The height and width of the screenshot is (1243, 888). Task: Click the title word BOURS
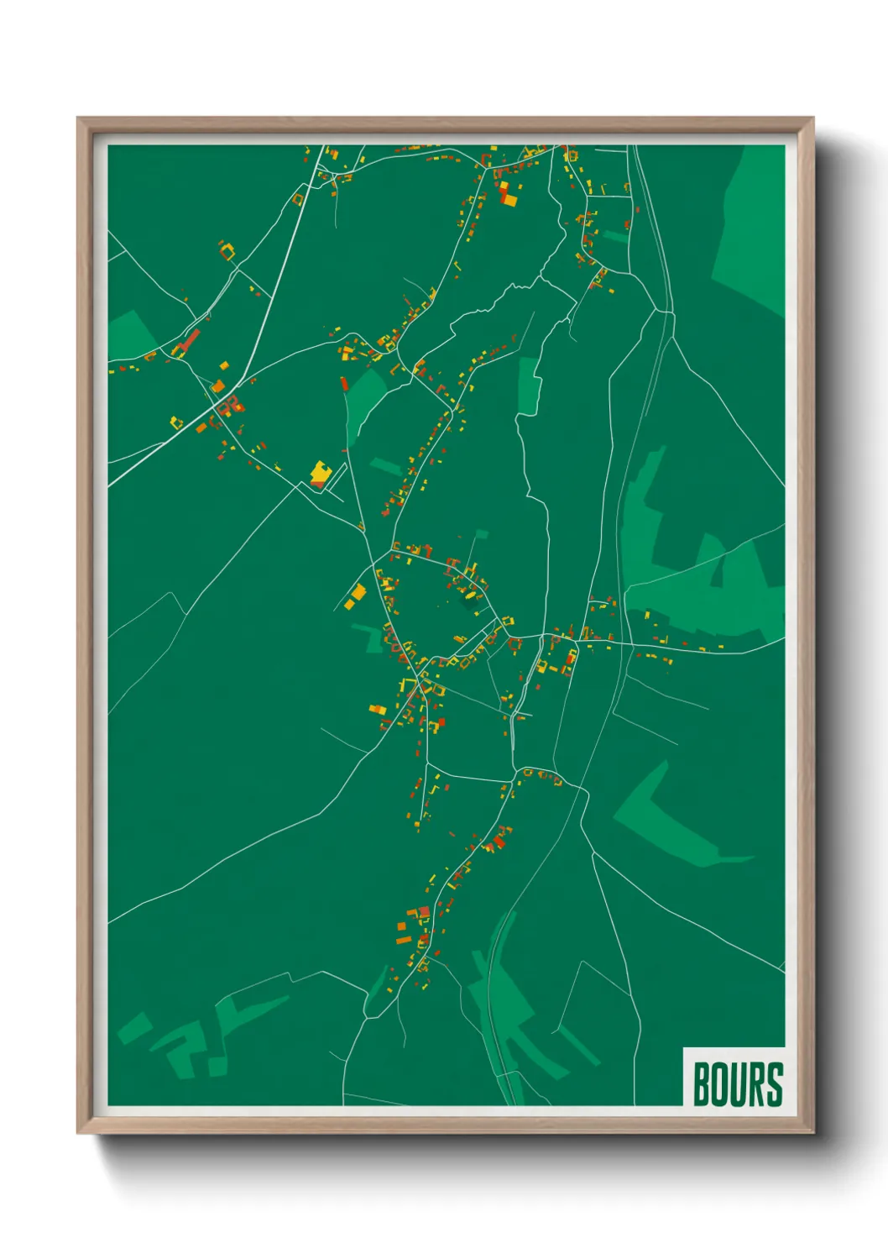click(738, 1084)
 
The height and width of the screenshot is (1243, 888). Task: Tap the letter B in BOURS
click(702, 1084)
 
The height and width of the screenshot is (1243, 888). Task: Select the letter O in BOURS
click(719, 1084)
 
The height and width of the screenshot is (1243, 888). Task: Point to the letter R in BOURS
click(755, 1084)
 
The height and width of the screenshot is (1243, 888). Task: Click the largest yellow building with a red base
click(320, 474)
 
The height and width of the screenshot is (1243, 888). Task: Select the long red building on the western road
click(191, 340)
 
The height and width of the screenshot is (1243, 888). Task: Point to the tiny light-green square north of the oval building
click(481, 533)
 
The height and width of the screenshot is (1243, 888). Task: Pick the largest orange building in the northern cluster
click(509, 200)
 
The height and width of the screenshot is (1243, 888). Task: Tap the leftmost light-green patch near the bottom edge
click(134, 1029)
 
